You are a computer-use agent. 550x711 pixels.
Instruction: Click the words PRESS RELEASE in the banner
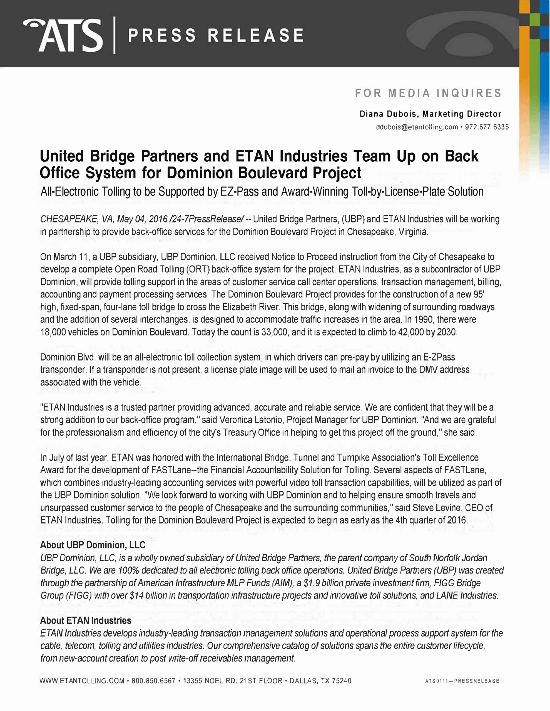click(x=216, y=35)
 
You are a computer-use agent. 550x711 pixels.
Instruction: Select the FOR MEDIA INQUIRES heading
click(x=428, y=93)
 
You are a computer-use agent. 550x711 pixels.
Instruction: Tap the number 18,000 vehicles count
click(x=53, y=332)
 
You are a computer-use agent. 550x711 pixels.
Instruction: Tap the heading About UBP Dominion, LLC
click(x=93, y=545)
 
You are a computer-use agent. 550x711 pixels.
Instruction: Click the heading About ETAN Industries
click(x=86, y=620)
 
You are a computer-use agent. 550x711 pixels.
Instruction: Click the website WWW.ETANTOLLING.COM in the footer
click(x=82, y=681)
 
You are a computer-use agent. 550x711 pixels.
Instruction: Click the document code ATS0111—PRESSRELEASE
click(x=462, y=681)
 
